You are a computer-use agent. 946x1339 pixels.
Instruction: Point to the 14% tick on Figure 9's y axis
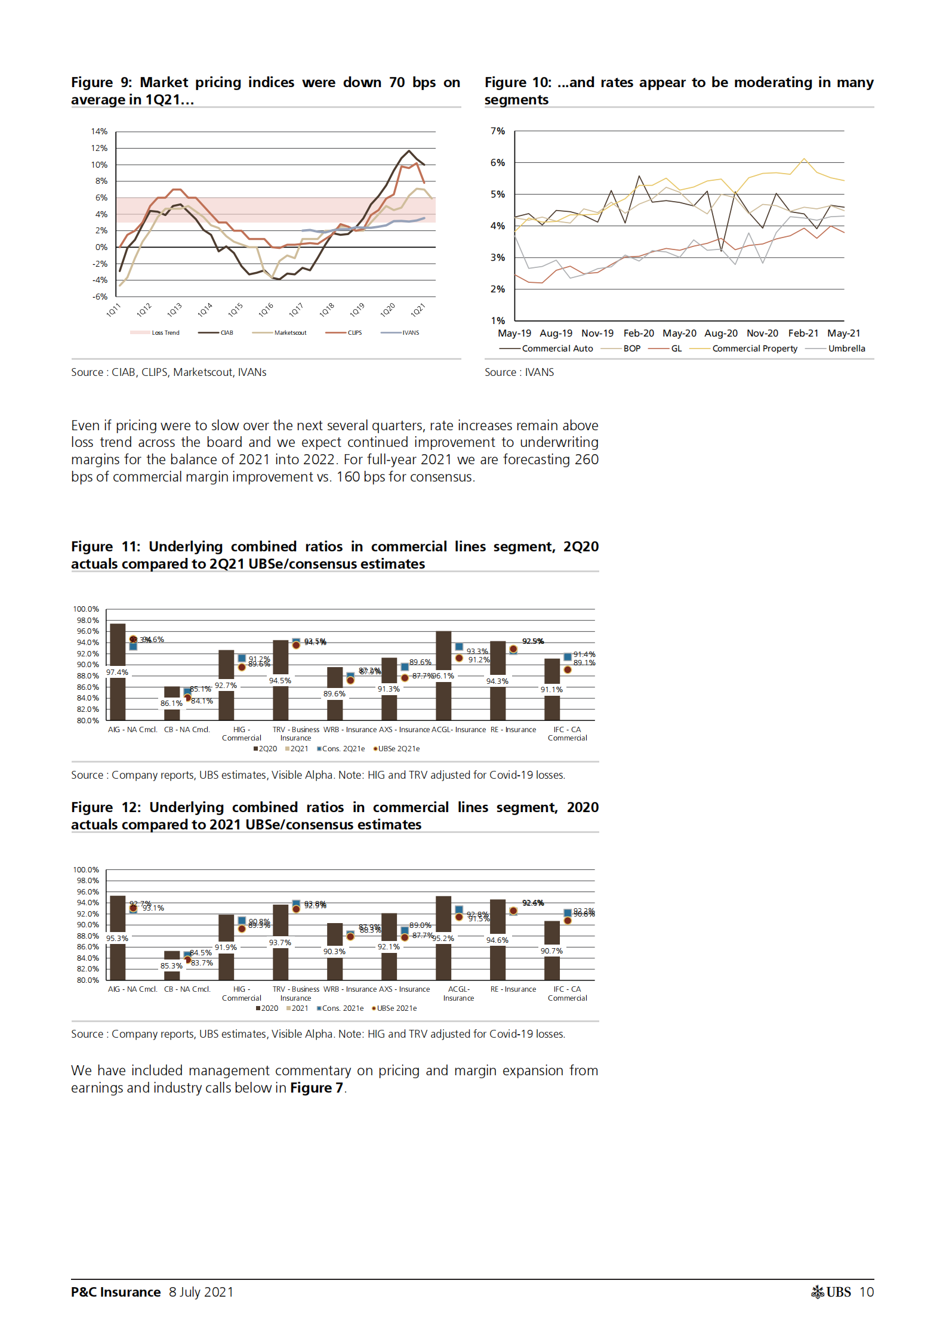point(99,131)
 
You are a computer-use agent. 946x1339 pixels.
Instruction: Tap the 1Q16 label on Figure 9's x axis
point(266,310)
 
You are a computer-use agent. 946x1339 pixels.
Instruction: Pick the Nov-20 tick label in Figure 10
point(762,334)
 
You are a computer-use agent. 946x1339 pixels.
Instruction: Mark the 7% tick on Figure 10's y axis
point(497,131)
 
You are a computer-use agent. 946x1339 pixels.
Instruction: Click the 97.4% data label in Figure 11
point(117,672)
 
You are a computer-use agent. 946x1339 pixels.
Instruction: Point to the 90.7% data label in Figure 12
point(551,951)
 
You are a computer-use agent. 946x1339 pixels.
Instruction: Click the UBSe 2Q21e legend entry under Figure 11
point(399,749)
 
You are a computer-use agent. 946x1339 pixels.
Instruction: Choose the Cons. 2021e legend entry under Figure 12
point(343,1008)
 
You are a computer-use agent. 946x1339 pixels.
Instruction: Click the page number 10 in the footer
point(867,1292)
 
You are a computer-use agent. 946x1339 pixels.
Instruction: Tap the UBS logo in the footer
point(831,1292)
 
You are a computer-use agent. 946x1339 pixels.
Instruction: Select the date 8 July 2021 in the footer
point(201,1292)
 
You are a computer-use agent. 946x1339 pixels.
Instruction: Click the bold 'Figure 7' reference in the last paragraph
point(316,1088)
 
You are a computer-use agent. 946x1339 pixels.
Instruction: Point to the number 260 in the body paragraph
point(586,459)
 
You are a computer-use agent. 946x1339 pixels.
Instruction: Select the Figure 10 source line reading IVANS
point(519,372)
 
